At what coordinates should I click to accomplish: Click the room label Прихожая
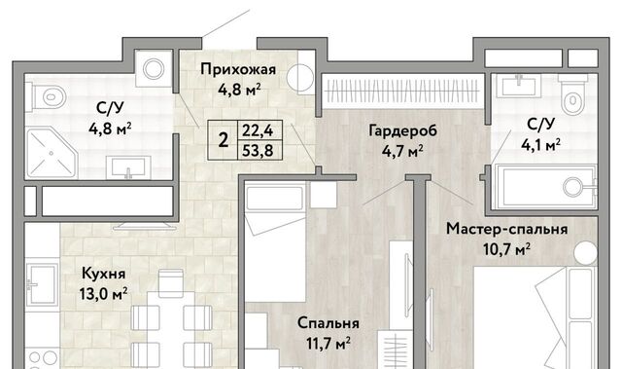(x=238, y=69)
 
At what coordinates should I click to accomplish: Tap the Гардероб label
(x=402, y=130)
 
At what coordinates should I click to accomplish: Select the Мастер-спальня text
(x=507, y=229)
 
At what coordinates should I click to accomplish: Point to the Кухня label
(x=104, y=274)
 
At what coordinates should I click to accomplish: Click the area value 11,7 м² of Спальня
(x=328, y=343)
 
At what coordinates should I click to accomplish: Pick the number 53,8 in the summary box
(x=258, y=151)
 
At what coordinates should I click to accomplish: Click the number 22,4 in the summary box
(x=258, y=130)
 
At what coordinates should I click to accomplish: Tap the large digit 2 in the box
(x=224, y=140)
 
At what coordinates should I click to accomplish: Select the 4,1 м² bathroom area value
(x=540, y=145)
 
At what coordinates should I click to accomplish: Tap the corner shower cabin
(x=52, y=153)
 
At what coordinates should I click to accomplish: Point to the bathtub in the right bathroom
(x=544, y=187)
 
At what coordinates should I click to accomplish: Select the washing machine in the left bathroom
(x=154, y=69)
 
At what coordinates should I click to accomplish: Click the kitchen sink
(x=41, y=282)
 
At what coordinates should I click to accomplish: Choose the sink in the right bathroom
(x=519, y=85)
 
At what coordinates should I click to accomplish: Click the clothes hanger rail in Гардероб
(x=402, y=91)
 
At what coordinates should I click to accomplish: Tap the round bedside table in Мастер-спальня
(x=585, y=252)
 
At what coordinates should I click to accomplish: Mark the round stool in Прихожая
(x=300, y=78)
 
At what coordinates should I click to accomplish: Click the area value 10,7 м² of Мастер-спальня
(x=507, y=249)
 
